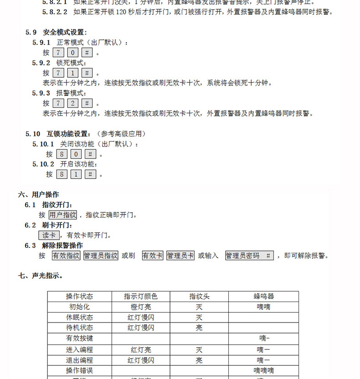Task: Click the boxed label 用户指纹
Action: click(x=63, y=215)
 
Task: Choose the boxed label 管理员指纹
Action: click(x=101, y=256)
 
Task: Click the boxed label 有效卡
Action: click(x=152, y=256)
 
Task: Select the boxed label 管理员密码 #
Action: click(x=249, y=256)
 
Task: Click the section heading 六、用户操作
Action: click(x=39, y=195)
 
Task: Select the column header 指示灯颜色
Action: click(x=141, y=297)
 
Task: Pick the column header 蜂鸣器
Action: click(x=263, y=297)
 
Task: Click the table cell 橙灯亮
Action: click(x=141, y=307)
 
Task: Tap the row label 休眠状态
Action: click(x=79, y=318)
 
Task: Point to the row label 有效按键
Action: click(x=79, y=338)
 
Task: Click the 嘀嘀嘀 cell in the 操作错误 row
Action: click(x=263, y=370)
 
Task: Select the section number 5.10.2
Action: click(x=43, y=164)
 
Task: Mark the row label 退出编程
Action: click(x=79, y=360)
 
